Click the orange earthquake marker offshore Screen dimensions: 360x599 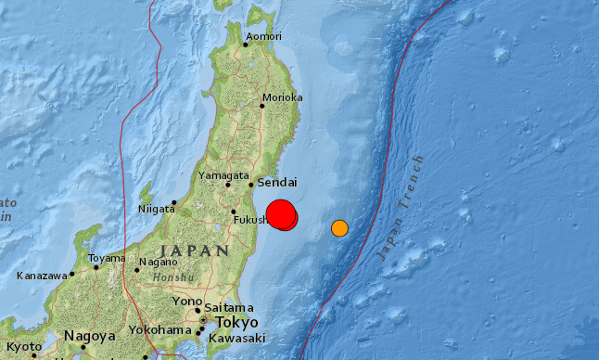point(340,227)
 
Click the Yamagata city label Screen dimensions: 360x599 point(223,174)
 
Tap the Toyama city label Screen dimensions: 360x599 point(106,259)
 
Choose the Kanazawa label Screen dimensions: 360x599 point(43,276)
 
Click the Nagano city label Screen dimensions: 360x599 point(159,262)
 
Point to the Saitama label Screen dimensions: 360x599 point(231,307)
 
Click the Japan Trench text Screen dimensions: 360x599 point(401,208)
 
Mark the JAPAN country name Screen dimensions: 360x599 point(194,251)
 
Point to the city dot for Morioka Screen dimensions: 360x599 point(261,105)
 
